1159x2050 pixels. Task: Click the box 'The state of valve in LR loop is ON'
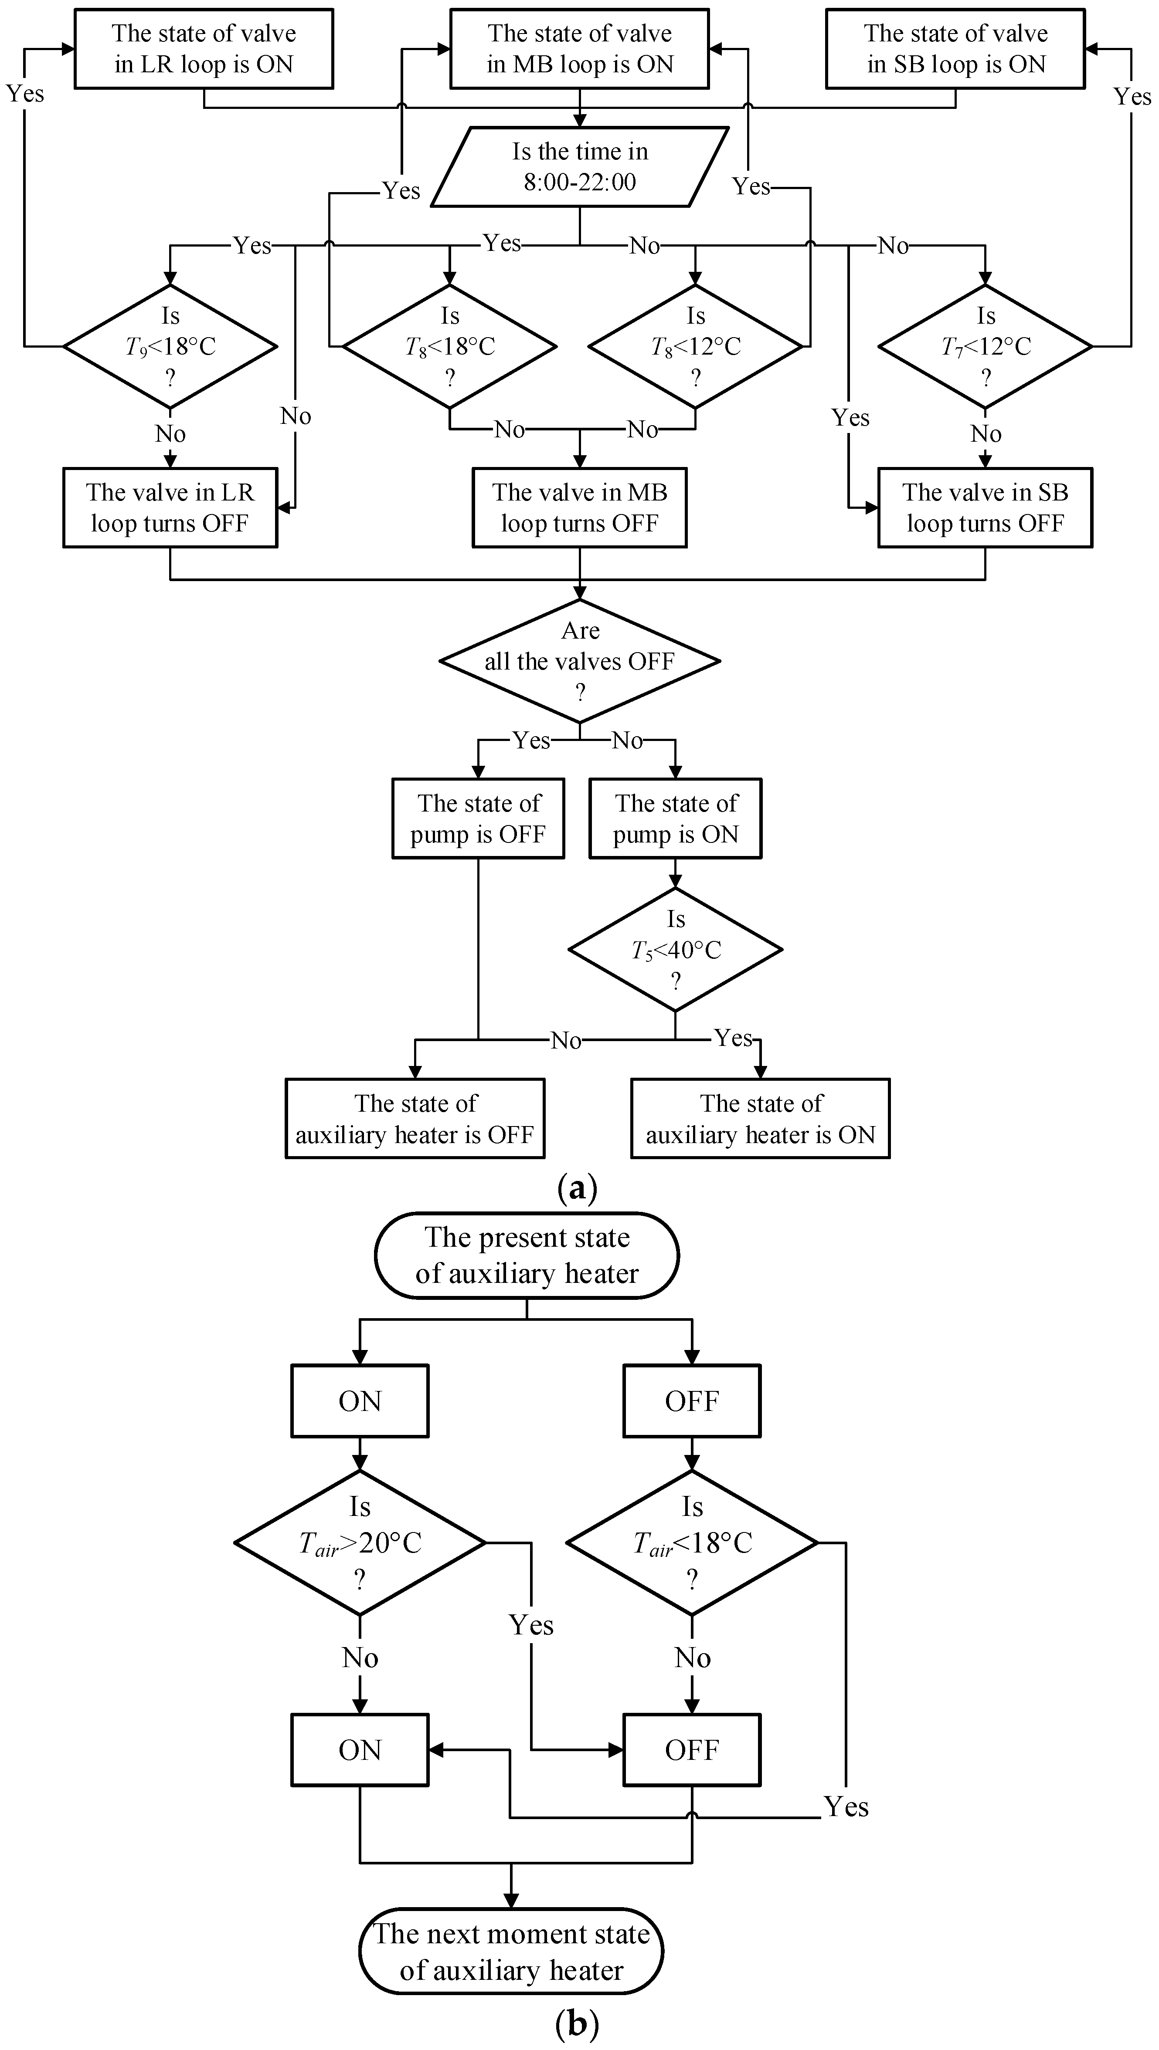(204, 48)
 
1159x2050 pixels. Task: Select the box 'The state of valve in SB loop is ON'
(955, 48)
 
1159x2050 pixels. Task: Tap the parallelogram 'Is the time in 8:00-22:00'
(580, 167)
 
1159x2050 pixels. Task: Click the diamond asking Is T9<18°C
(170, 346)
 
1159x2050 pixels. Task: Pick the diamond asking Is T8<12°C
(696, 346)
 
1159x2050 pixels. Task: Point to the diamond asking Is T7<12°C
(986, 346)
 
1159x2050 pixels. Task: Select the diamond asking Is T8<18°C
(450, 346)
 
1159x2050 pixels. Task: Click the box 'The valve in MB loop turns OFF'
(580, 508)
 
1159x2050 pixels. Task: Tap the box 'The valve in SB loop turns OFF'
(986, 508)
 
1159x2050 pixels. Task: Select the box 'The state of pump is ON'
(675, 818)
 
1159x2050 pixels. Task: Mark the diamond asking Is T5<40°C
(675, 949)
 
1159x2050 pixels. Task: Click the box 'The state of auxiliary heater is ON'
(760, 1118)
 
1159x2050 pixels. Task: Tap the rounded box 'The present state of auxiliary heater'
(527, 1255)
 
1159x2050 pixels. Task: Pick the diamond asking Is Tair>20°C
(360, 1542)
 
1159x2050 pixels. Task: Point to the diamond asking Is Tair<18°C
(692, 1542)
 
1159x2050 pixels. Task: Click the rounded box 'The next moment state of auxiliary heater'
(511, 1951)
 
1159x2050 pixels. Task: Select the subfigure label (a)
(578, 1189)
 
